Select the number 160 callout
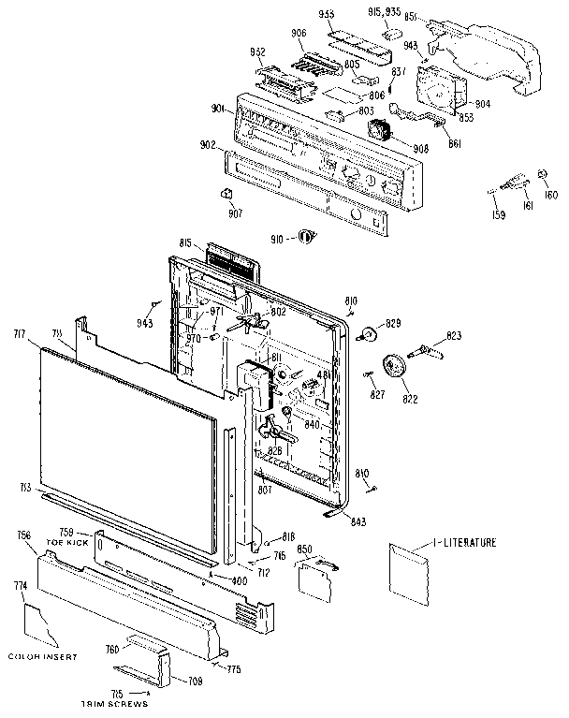pos(551,196)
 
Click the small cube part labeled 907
pos(226,193)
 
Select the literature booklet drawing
pos(408,575)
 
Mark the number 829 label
pos(393,323)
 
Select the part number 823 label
pos(454,334)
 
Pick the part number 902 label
pos(207,145)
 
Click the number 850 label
pos(304,549)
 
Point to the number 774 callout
pos(20,586)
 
